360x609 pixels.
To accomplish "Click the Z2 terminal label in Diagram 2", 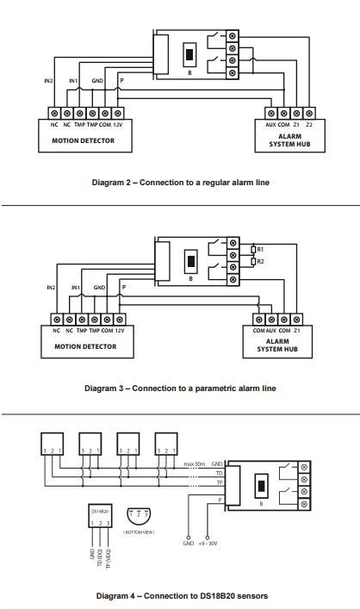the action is click(x=309, y=125).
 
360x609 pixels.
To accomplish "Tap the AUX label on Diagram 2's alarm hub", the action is click(x=270, y=125).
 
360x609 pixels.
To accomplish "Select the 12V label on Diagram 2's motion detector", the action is click(x=118, y=125).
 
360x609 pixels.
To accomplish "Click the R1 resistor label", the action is click(x=260, y=249).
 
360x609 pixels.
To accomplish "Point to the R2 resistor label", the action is click(x=260, y=261).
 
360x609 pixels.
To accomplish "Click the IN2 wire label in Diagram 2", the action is click(x=48, y=81).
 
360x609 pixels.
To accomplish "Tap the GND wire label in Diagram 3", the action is click(x=99, y=288).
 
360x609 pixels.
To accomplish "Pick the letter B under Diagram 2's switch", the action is click(x=189, y=72).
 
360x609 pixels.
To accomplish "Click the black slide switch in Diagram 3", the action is click(x=190, y=261).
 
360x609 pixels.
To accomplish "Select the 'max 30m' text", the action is click(x=194, y=464).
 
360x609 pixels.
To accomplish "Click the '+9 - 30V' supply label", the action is click(x=208, y=544).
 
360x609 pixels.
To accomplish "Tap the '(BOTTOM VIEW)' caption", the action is click(x=139, y=532).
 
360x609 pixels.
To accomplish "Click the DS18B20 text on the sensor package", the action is click(x=100, y=512).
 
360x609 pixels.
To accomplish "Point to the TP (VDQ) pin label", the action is click(x=108, y=558).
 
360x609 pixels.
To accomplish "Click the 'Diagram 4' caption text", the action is click(x=117, y=596).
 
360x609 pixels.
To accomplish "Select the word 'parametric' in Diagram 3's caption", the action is click(x=215, y=388).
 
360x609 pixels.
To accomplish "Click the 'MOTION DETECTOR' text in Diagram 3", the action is click(x=85, y=346).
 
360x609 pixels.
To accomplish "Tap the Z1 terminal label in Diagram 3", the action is click(x=297, y=331).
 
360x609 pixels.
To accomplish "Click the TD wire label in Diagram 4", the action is click(x=220, y=474).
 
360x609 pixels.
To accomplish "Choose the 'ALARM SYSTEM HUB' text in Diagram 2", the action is click(x=289, y=140).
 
